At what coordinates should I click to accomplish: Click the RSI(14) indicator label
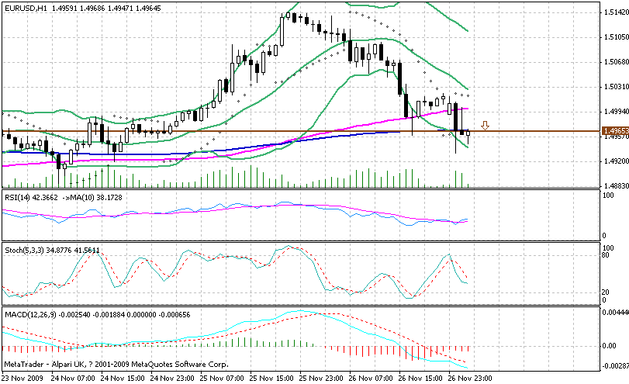18,197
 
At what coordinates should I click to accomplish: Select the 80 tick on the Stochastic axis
608,254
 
